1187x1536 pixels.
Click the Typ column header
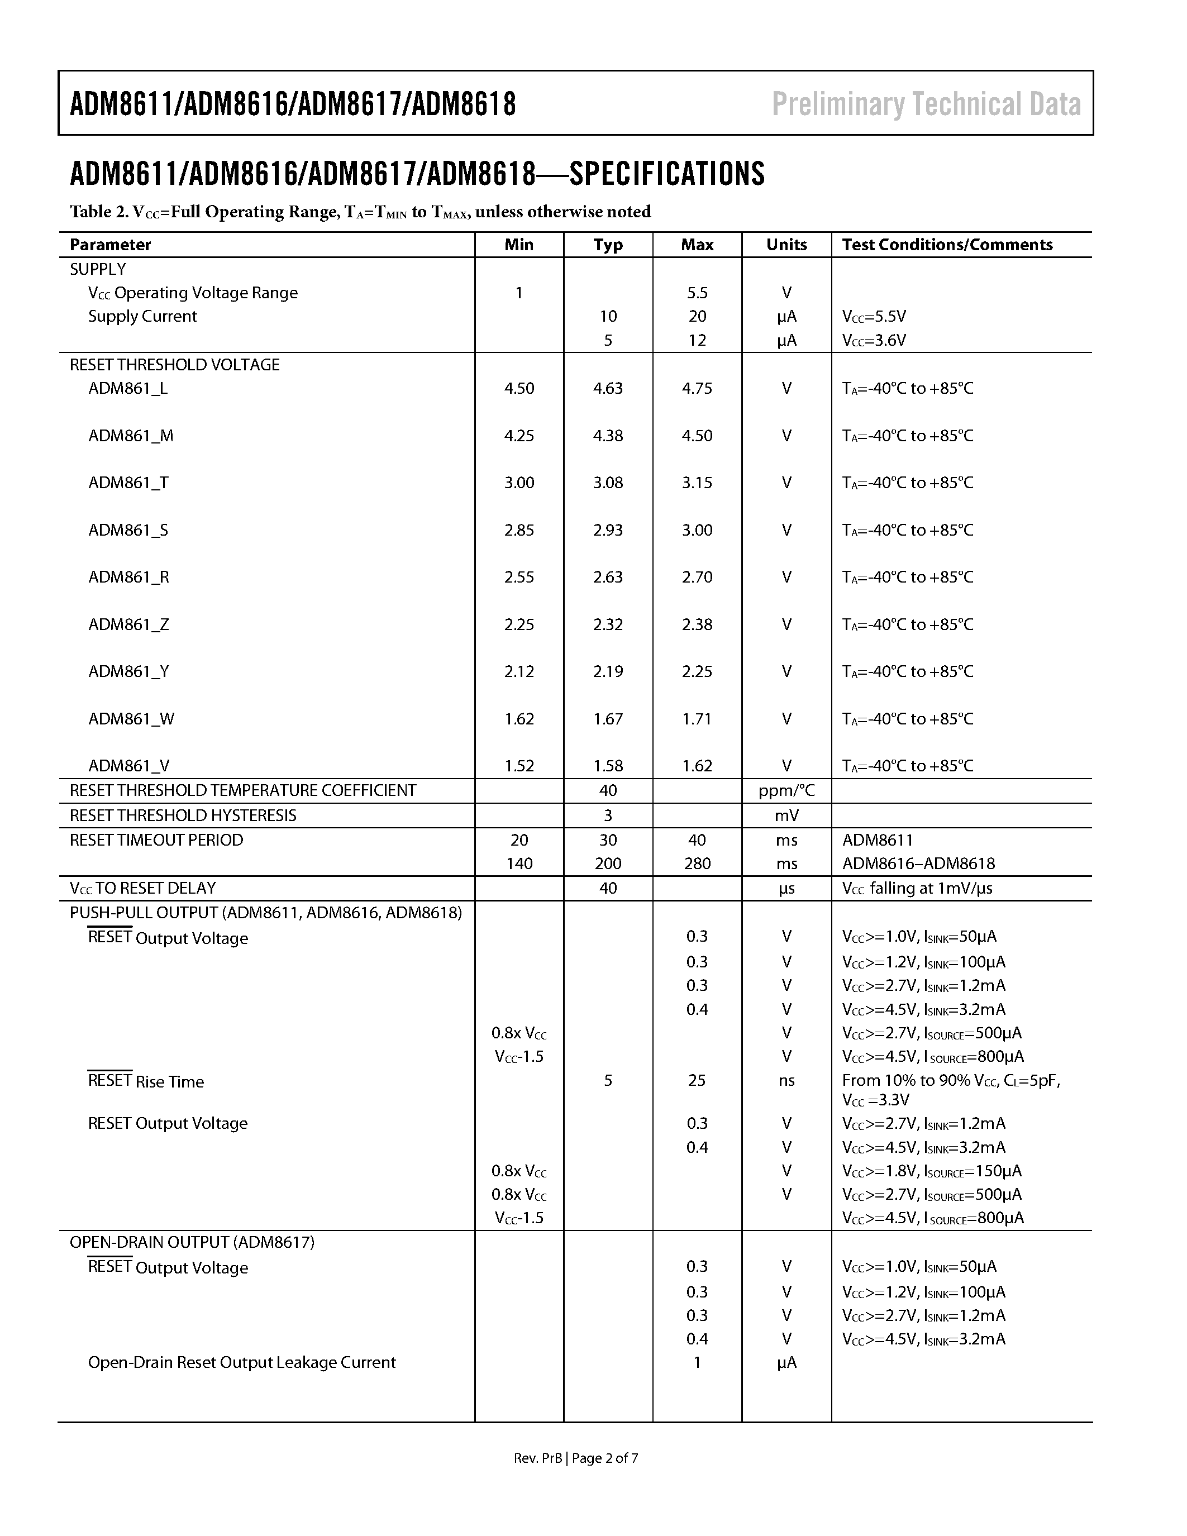[608, 245]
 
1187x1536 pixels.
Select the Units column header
[786, 245]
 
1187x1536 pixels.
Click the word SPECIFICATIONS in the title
[666, 174]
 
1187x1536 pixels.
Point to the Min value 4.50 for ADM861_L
[519, 388]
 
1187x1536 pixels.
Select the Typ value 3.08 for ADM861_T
[608, 483]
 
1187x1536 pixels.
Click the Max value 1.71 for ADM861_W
[697, 719]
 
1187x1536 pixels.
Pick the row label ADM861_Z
[128, 624]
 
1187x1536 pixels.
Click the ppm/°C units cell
[786, 790]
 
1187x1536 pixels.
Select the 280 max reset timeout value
[697, 864]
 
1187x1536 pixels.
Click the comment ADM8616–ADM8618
[918, 864]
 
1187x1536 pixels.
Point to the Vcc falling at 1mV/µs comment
[917, 888]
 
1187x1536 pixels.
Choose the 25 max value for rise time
[697, 1080]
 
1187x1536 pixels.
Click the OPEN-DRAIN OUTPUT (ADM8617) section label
[192, 1242]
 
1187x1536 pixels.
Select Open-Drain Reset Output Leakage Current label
[242, 1362]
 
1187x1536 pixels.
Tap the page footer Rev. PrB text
[538, 1458]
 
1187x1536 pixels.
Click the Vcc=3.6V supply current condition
[874, 340]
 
